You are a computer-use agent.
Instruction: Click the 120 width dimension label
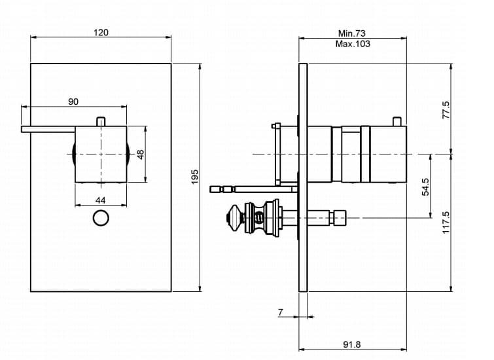(101, 33)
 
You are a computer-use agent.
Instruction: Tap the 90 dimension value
(73, 102)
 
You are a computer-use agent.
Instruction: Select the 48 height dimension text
(141, 154)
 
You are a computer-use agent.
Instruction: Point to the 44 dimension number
(101, 200)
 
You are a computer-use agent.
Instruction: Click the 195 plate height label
(195, 177)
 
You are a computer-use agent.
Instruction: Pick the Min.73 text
(352, 33)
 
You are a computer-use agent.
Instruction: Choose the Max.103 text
(353, 44)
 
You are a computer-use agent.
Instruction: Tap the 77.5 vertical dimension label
(446, 110)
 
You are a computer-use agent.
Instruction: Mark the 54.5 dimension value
(425, 187)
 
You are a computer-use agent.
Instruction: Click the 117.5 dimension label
(446, 223)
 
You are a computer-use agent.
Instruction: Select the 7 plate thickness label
(281, 312)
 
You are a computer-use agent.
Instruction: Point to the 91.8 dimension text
(351, 344)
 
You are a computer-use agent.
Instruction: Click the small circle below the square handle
(101, 218)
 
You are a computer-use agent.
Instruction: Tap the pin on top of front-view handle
(101, 121)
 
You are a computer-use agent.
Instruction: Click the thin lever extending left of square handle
(48, 129)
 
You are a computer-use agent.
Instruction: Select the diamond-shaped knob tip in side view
(234, 218)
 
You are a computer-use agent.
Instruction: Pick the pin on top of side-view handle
(397, 121)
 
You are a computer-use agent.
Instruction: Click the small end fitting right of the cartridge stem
(338, 218)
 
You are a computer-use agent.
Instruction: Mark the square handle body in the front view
(101, 154)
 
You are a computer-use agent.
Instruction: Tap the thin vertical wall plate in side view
(303, 177)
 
